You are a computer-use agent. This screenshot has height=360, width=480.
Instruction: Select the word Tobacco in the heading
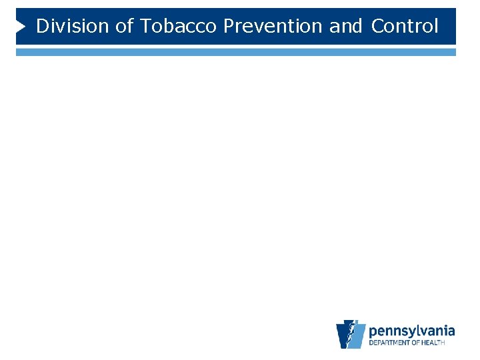tap(179, 27)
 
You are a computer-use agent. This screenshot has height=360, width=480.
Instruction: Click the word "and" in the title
tap(346, 27)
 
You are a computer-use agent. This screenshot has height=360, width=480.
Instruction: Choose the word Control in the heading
tap(405, 27)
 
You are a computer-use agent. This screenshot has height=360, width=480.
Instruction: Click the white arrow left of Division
tap(21, 27)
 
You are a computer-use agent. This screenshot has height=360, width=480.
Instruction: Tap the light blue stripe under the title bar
tap(236, 51)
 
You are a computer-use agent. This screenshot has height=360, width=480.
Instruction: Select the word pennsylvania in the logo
tap(412, 331)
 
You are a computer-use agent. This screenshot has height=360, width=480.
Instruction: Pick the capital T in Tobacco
tap(146, 27)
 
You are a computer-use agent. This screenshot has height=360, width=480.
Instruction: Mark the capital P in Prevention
tap(229, 27)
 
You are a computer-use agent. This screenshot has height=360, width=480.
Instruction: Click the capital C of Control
tap(377, 27)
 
